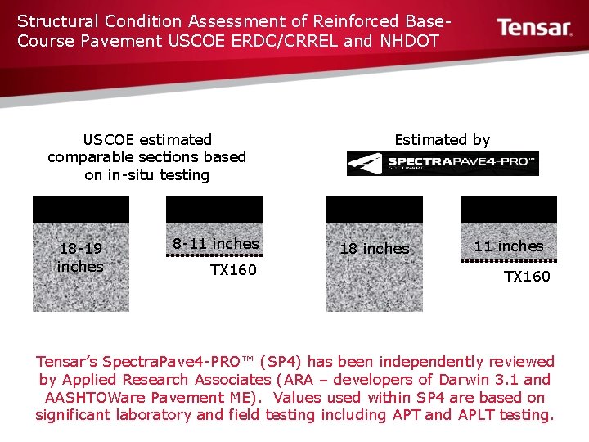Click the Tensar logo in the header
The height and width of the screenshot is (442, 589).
pyautogui.click(x=535, y=28)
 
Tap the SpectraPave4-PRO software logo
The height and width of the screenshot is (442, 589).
pyautogui.click(x=443, y=163)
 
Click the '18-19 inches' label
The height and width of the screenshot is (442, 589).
pyautogui.click(x=80, y=257)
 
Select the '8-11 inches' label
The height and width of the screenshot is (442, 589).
pyautogui.click(x=215, y=243)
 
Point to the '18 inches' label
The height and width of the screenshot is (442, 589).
pyautogui.click(x=374, y=248)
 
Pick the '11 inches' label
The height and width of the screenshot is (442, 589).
pyautogui.click(x=509, y=246)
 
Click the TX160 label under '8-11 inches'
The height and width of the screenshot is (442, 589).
pyautogui.click(x=233, y=270)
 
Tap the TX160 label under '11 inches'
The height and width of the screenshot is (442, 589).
pyautogui.click(x=527, y=277)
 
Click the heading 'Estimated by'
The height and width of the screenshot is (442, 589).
pyautogui.click(x=442, y=140)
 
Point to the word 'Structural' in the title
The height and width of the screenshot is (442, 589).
pyautogui.click(x=53, y=20)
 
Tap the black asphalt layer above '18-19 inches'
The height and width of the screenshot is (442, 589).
pyautogui.click(x=80, y=210)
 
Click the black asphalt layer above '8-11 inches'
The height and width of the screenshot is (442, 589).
pyautogui.click(x=215, y=210)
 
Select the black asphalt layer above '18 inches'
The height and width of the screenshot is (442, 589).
pyautogui.click(x=374, y=210)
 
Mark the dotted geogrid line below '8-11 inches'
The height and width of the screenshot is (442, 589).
pyautogui.click(x=215, y=255)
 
